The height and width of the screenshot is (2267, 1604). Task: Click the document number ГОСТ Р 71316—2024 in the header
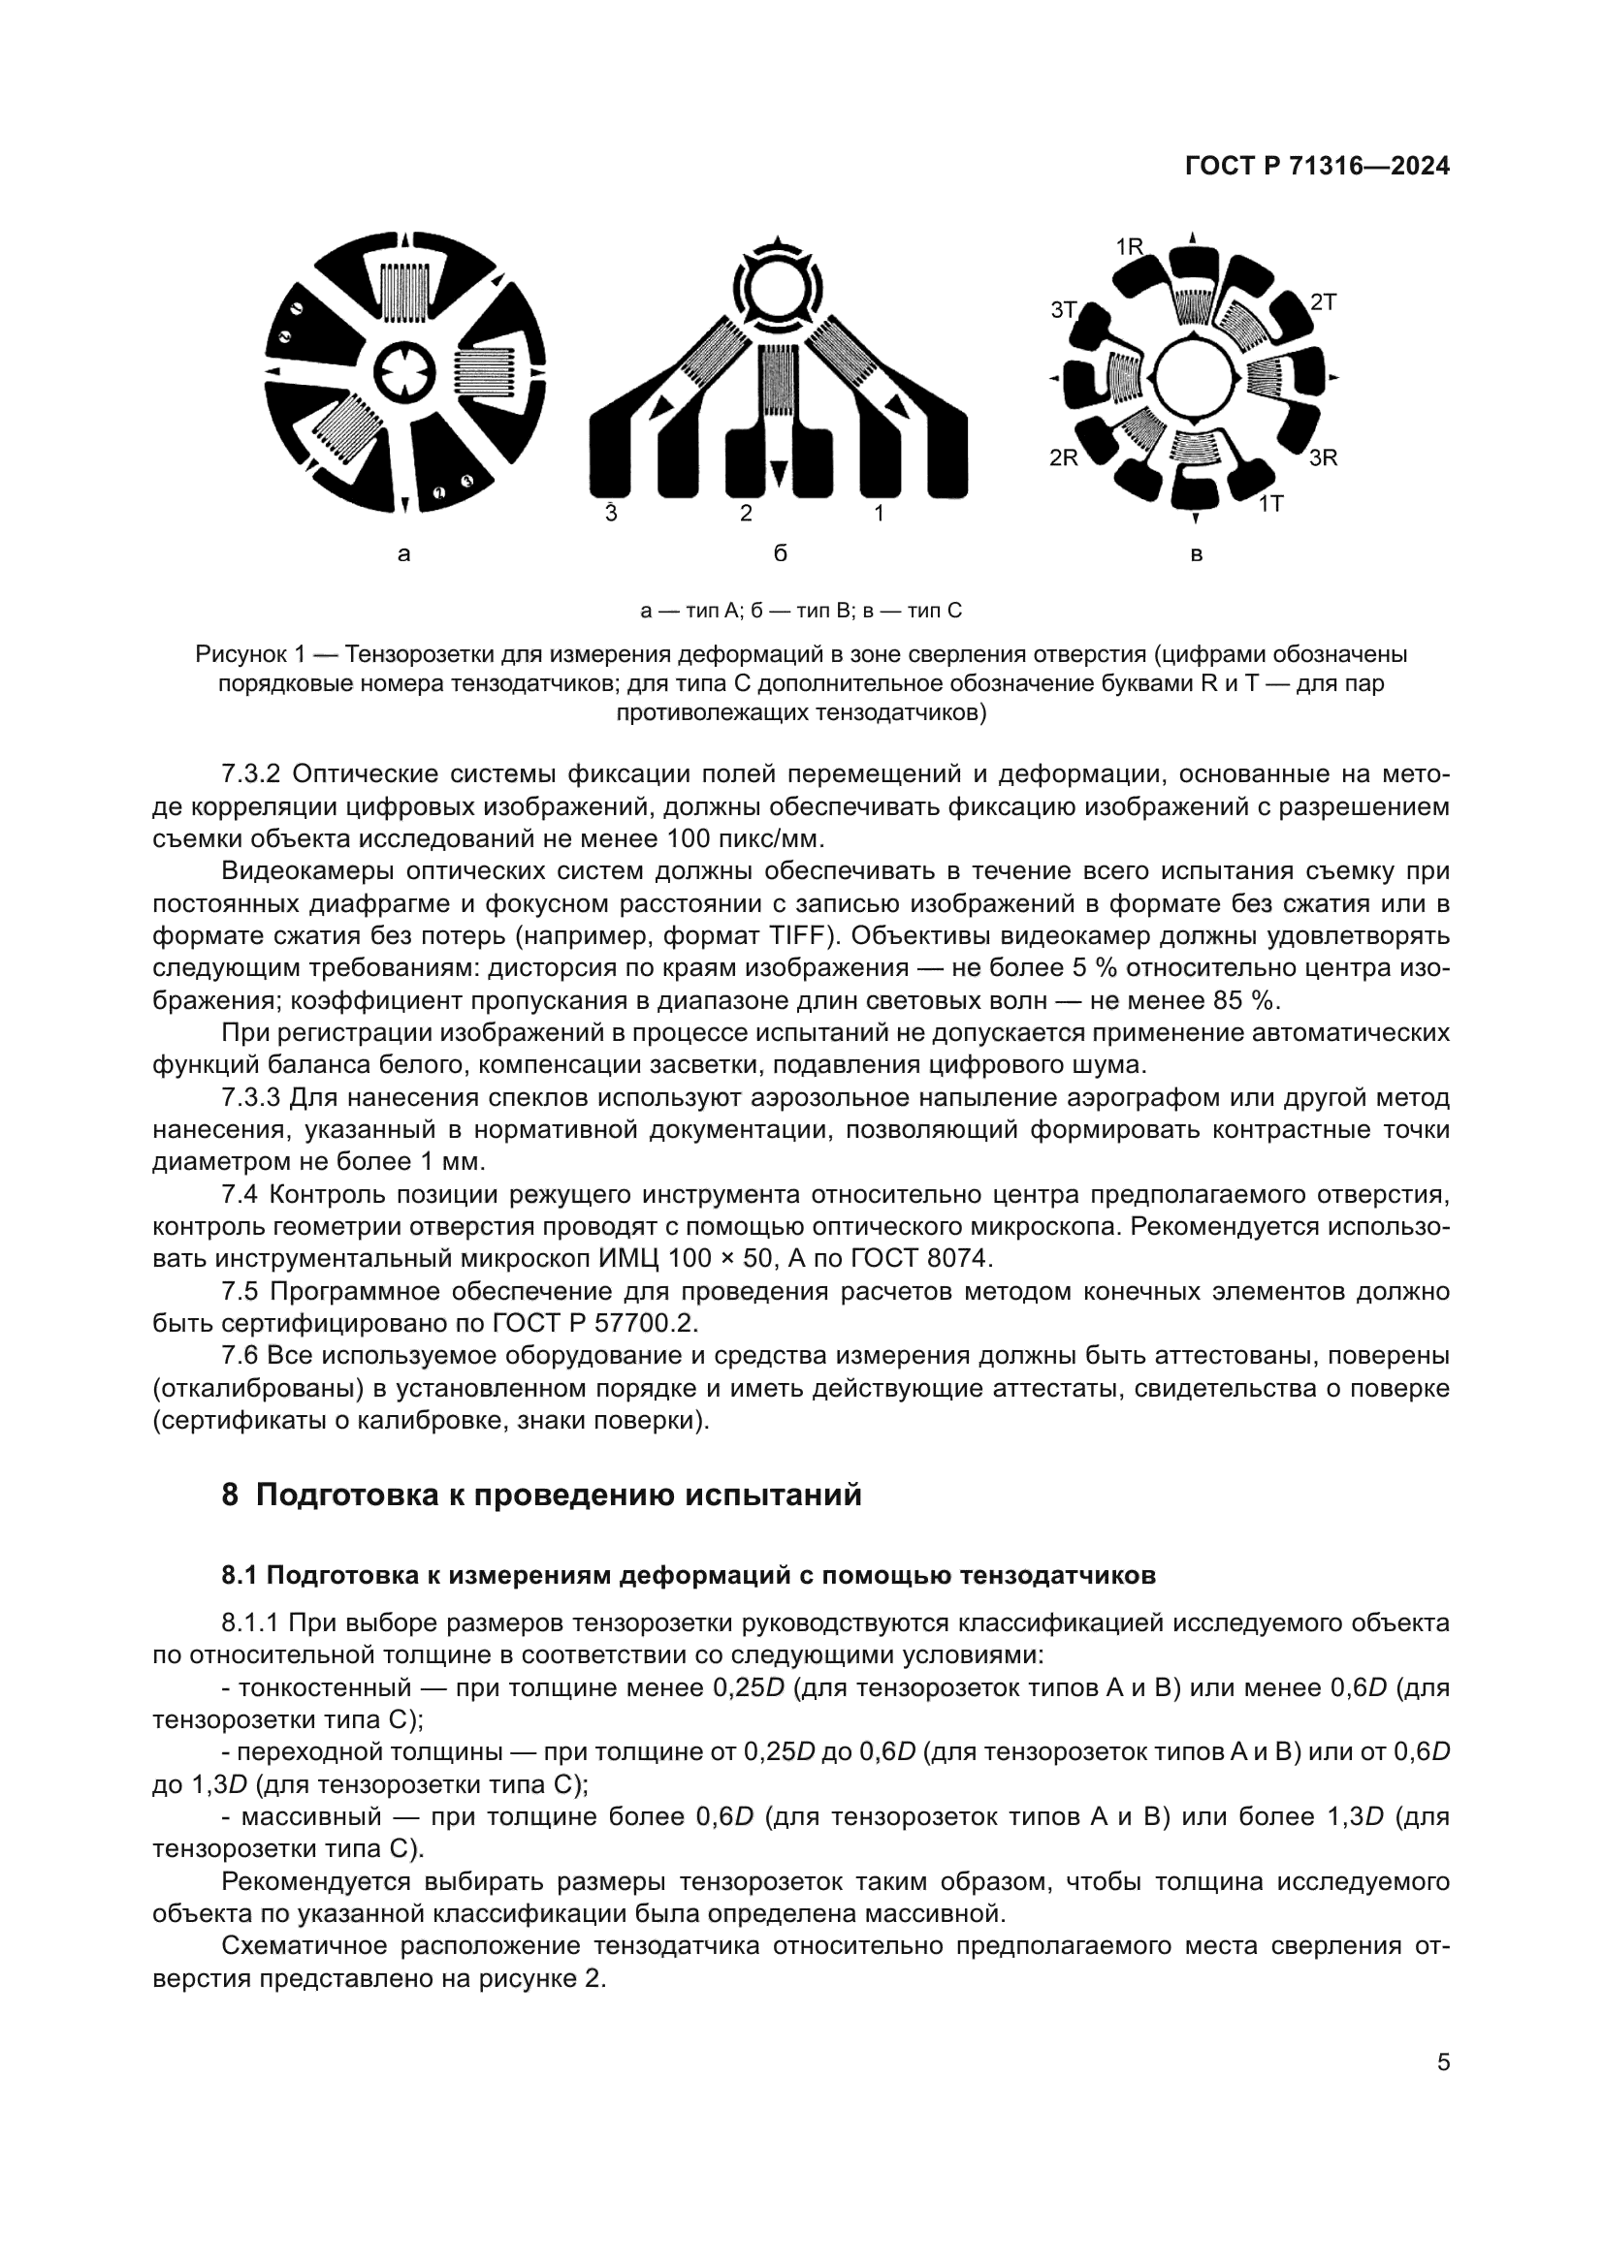tap(1317, 167)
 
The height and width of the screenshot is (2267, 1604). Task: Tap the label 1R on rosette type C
tap(1129, 247)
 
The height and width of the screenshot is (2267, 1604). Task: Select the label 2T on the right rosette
tap(1323, 302)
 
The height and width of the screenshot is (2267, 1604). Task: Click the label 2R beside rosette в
tap(1063, 458)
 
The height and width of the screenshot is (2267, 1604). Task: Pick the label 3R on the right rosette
tap(1324, 458)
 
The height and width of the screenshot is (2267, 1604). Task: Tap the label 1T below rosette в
tap(1270, 504)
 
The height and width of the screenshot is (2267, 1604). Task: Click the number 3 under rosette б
tap(610, 514)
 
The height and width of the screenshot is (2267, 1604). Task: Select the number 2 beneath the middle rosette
tap(747, 514)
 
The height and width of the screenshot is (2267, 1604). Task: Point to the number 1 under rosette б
tap(879, 514)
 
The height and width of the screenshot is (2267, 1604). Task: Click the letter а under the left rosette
tap(403, 555)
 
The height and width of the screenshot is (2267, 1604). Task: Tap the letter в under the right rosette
tap(1196, 555)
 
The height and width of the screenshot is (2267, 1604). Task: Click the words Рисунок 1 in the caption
tap(255, 654)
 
